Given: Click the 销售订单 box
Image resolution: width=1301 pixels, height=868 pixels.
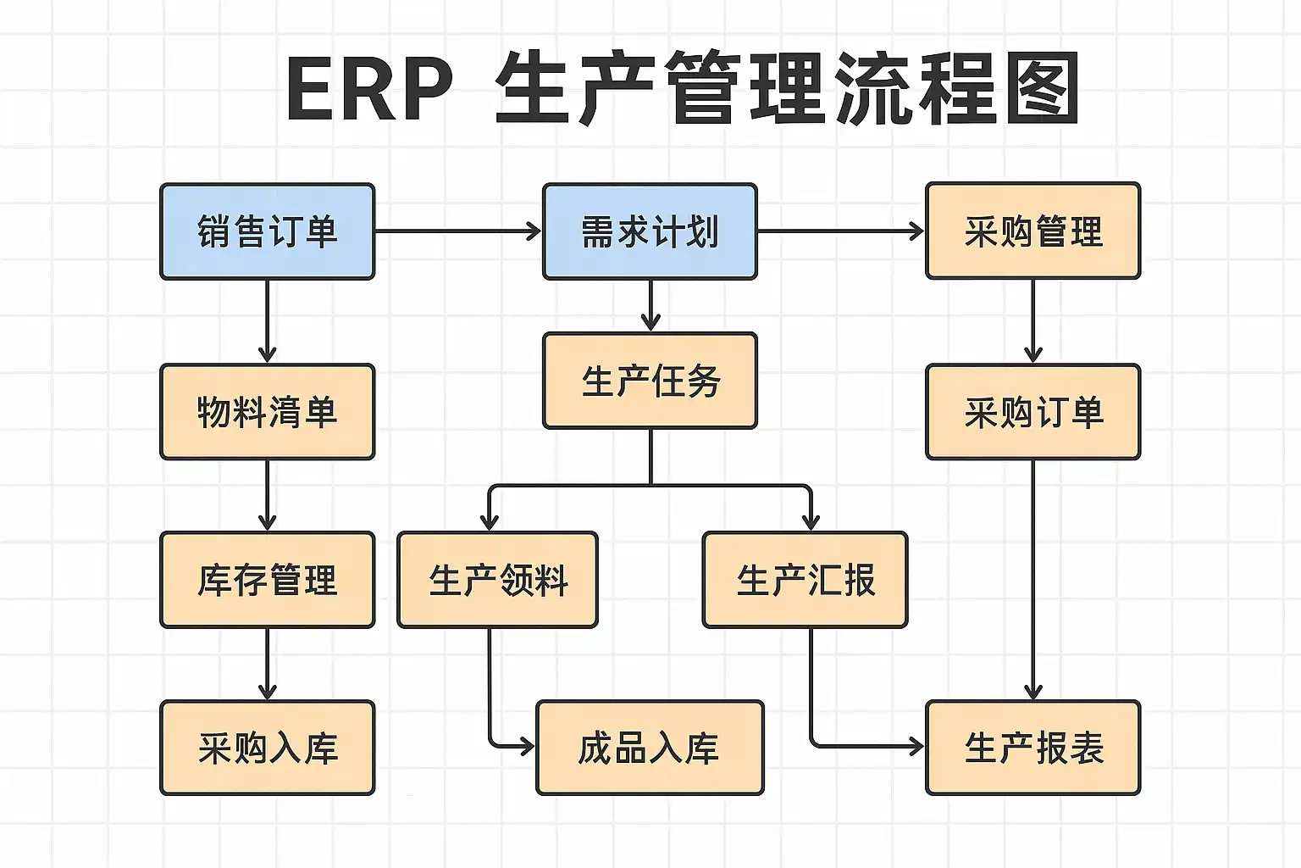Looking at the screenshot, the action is click(x=267, y=231).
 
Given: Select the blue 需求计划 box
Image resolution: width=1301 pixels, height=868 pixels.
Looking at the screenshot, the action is click(x=650, y=231).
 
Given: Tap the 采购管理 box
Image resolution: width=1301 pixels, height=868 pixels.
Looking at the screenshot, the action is click(x=1033, y=231).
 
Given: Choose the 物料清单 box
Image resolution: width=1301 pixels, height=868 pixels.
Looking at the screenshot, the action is click(x=267, y=412).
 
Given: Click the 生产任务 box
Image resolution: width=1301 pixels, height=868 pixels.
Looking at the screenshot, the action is click(x=650, y=381).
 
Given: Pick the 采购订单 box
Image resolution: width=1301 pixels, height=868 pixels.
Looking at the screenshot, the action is click(x=1033, y=412).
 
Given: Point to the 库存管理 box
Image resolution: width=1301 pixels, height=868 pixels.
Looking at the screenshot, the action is click(x=267, y=580).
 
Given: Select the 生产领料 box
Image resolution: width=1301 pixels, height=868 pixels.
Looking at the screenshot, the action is click(x=498, y=580).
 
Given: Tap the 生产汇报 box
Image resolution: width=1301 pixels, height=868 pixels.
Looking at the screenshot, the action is click(x=805, y=580).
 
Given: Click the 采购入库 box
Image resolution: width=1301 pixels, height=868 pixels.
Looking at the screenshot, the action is click(x=267, y=748).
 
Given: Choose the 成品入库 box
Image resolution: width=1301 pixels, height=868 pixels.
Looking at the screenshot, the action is click(x=650, y=748).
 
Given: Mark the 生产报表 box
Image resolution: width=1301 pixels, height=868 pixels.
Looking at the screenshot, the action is click(x=1033, y=748).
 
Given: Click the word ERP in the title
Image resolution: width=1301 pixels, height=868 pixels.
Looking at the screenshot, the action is click(x=370, y=88).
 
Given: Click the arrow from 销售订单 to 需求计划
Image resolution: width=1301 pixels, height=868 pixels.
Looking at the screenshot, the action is click(x=458, y=231).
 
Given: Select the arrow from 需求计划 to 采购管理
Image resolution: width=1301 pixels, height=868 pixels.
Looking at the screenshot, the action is click(x=841, y=231).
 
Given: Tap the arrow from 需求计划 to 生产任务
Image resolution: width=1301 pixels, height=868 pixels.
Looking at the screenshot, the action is click(x=650, y=305).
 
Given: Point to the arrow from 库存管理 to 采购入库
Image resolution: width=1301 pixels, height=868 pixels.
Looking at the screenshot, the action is click(x=267, y=664).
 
